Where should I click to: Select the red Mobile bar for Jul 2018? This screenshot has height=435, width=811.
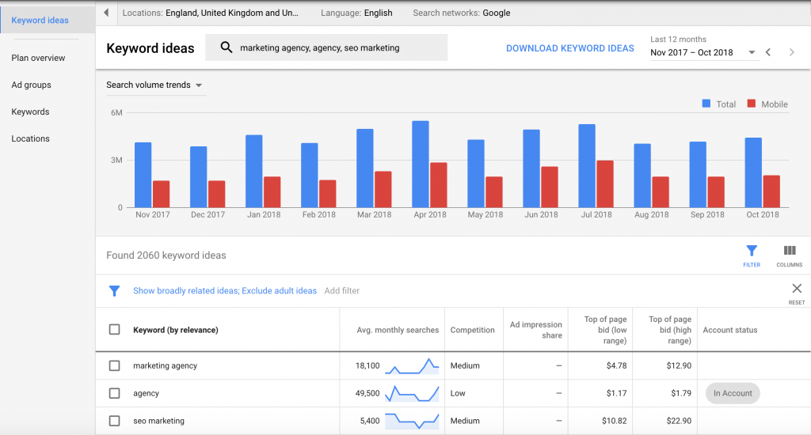point(605,184)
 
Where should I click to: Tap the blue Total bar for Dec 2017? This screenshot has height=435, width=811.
point(198,177)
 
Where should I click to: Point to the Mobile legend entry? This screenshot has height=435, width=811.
point(767,104)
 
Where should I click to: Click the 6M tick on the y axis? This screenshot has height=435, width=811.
point(116,113)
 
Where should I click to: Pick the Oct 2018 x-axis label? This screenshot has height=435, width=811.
point(763,215)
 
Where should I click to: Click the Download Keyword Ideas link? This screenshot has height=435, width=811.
point(570,48)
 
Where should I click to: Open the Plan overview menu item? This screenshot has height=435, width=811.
point(38,58)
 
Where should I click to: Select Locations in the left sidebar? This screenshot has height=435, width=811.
point(31,138)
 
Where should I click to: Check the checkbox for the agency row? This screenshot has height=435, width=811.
point(115,393)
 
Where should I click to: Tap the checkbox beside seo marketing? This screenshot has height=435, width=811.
point(115,421)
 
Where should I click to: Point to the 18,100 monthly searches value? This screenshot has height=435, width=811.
point(367,366)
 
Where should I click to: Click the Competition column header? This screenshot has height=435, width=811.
point(473,330)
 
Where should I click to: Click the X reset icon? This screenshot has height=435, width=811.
point(797,289)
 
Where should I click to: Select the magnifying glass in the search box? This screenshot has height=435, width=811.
point(227,48)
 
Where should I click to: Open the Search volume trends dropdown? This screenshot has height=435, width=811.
point(154,85)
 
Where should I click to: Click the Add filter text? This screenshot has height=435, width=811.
point(342,291)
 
